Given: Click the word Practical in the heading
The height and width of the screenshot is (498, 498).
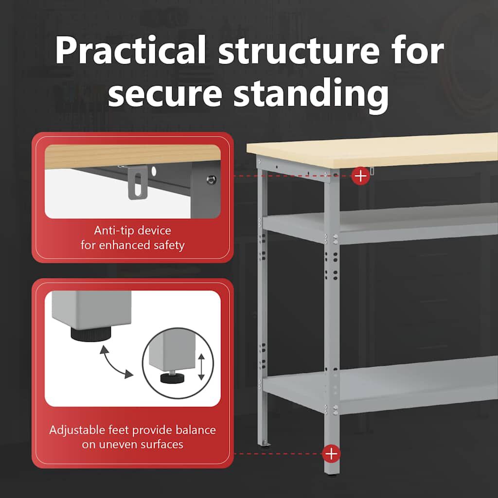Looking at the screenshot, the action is [130, 50].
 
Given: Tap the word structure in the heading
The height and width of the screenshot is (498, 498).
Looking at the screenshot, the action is [299, 51].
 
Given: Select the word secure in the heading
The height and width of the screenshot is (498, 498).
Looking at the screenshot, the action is [164, 93].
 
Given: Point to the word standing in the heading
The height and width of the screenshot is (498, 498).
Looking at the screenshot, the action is [311, 95].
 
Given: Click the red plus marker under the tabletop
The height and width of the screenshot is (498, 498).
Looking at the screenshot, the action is [360, 176].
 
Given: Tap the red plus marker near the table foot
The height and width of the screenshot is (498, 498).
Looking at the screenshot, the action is [331, 454].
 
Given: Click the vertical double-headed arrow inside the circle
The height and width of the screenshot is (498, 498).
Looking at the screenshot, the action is [201, 367].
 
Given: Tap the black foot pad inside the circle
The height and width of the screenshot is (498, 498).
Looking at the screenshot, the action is [173, 378].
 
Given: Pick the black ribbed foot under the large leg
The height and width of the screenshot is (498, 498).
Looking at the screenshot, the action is [91, 335].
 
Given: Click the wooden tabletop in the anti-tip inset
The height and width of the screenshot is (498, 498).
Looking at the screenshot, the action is [133, 156].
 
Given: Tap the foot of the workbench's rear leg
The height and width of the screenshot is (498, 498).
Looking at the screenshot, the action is [264, 444].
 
